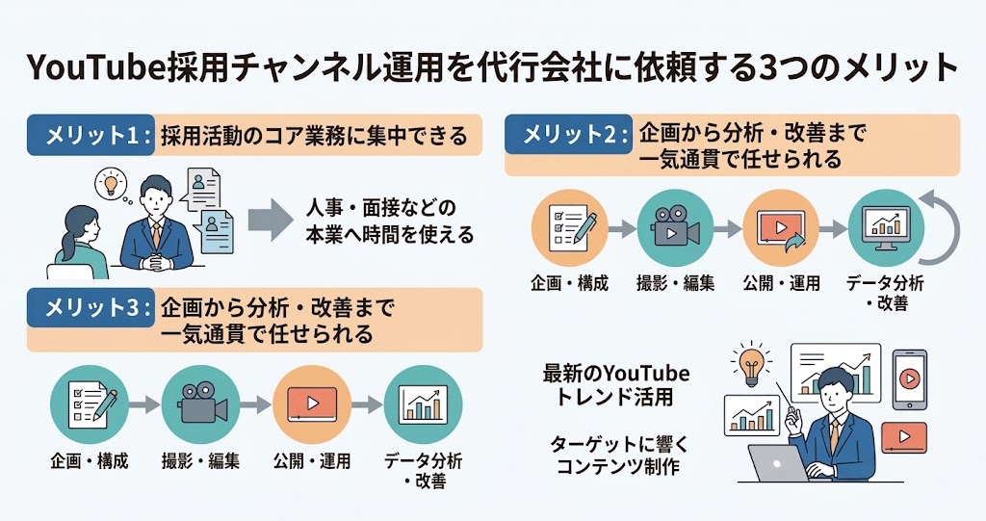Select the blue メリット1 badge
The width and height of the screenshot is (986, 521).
[x=91, y=135]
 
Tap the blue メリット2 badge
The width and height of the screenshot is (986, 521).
[x=568, y=134]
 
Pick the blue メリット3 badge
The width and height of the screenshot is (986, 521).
[x=91, y=308]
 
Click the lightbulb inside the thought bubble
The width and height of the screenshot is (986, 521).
[x=112, y=182]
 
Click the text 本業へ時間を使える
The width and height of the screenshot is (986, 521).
[x=389, y=235]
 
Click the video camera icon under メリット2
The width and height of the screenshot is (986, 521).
[x=675, y=226]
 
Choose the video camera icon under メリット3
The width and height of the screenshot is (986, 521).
[x=200, y=404]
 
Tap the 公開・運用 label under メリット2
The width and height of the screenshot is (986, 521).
[x=781, y=283]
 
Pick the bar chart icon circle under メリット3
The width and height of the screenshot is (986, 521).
[x=423, y=404]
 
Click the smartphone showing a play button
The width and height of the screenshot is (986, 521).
[x=909, y=380]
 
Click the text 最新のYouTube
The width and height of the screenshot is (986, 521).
[x=615, y=375]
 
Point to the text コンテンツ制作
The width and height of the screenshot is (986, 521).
[x=618, y=467]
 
